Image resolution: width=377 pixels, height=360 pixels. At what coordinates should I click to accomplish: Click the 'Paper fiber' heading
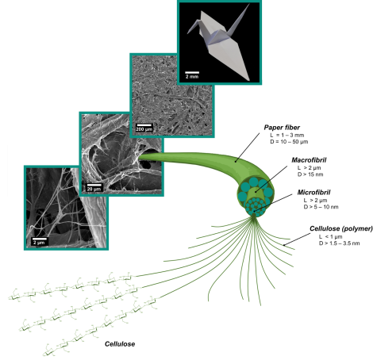coord(282,128)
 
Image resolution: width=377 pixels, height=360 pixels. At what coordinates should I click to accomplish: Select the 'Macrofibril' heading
coord(309,160)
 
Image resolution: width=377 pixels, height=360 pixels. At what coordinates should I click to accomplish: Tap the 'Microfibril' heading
coord(314,193)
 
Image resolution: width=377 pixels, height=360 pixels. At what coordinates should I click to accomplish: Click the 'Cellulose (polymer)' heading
coord(341,228)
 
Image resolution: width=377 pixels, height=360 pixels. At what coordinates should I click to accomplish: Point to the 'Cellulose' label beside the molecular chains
coord(120,344)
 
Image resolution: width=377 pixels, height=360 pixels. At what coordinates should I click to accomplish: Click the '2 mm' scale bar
coord(192,72)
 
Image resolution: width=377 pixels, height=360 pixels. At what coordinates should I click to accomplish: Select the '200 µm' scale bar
coord(144,125)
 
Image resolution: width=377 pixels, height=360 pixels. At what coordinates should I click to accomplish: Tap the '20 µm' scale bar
coord(94,185)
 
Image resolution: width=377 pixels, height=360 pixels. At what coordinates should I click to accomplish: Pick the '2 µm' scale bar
coord(40,239)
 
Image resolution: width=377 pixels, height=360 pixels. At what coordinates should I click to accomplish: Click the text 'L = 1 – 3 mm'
coord(287,135)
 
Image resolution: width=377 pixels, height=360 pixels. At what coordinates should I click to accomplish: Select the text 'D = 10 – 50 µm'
coord(289,142)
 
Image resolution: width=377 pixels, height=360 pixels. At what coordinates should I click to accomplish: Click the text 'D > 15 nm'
coord(310,174)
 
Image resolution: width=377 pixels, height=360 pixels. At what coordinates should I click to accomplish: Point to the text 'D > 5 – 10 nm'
coord(321,207)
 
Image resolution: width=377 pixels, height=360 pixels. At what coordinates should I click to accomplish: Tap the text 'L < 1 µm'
coord(330,236)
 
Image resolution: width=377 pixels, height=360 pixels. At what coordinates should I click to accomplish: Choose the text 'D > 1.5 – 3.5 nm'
coord(339,243)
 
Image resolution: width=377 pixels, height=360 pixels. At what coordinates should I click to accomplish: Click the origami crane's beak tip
coord(187,33)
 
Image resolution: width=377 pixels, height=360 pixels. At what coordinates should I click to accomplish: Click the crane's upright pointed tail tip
coord(249,4)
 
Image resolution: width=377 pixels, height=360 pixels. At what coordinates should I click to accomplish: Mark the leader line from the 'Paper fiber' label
coord(247,147)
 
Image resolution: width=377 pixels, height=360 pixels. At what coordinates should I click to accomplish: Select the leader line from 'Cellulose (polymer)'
coord(297,239)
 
